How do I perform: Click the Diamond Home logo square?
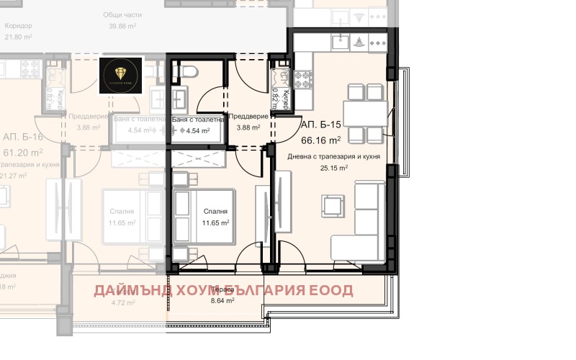point(121,75)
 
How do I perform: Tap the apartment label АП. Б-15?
point(323,124)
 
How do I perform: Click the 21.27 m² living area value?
point(12,175)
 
